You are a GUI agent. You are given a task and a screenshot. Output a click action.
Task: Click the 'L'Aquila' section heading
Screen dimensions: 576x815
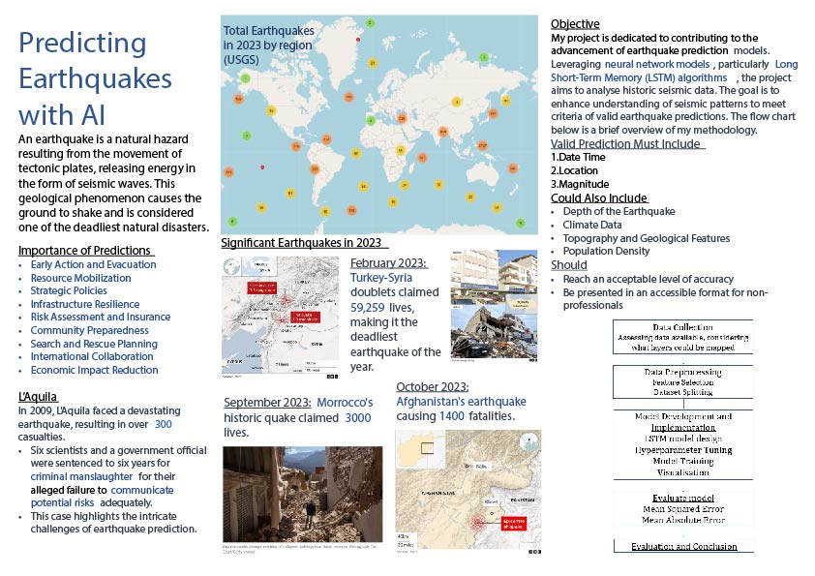[x=39, y=397]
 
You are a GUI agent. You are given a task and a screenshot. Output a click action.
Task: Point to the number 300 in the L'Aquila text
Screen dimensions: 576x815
[x=164, y=424]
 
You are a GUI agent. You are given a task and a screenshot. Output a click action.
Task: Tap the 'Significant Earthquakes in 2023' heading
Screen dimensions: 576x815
[x=304, y=242]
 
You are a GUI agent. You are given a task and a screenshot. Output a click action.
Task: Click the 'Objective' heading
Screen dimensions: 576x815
[x=574, y=24]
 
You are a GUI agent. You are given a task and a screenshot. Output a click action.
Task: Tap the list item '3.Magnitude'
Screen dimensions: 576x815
[x=580, y=184]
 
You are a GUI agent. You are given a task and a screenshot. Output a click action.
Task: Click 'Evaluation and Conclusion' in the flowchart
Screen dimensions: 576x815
[x=683, y=547]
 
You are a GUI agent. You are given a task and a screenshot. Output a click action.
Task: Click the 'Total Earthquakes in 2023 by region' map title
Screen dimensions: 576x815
[x=275, y=45]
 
